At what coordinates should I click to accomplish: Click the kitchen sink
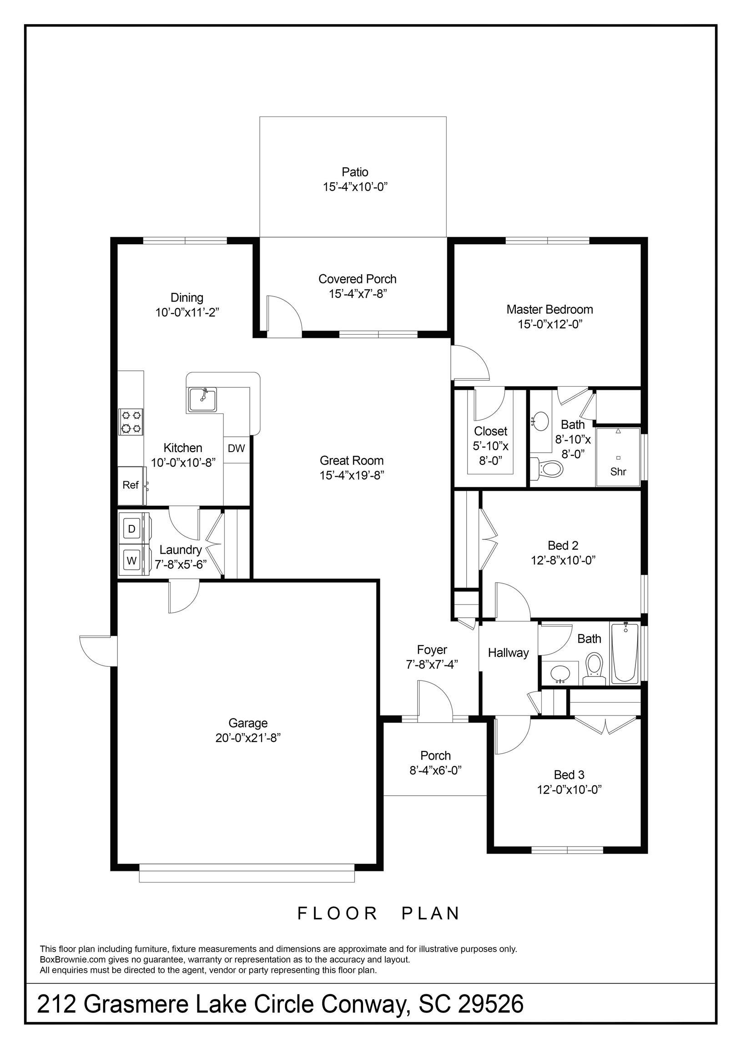(x=202, y=400)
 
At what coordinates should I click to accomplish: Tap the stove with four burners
(x=131, y=422)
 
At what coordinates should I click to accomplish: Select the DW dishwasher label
(x=237, y=448)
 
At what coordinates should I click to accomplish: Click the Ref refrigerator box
(x=131, y=485)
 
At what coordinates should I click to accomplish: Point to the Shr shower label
(x=618, y=472)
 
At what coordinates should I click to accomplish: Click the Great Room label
(x=352, y=461)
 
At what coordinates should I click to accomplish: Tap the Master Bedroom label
(x=549, y=309)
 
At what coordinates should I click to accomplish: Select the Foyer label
(x=432, y=650)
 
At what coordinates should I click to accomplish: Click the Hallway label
(x=508, y=653)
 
